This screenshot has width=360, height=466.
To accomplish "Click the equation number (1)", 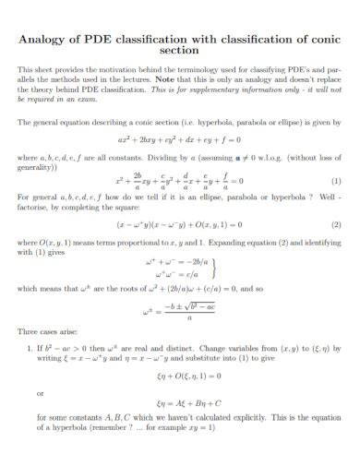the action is tap(337, 181).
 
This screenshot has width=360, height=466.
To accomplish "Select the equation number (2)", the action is tap(337, 224).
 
